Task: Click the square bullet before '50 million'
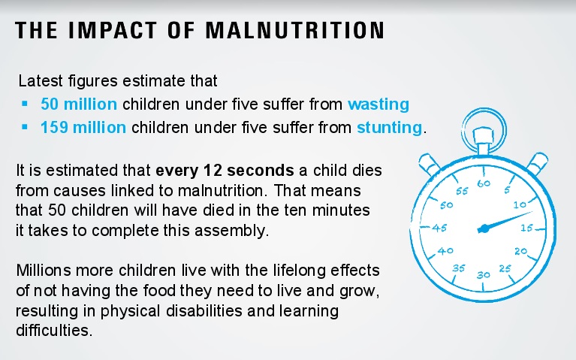(x=25, y=103)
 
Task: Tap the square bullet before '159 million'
(x=25, y=126)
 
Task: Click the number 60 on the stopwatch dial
(x=483, y=183)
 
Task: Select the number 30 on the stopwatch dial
(x=483, y=274)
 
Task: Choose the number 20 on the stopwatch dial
(x=521, y=252)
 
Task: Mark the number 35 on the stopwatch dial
(x=460, y=268)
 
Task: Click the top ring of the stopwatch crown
(x=483, y=126)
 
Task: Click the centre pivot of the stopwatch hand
(x=483, y=228)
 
